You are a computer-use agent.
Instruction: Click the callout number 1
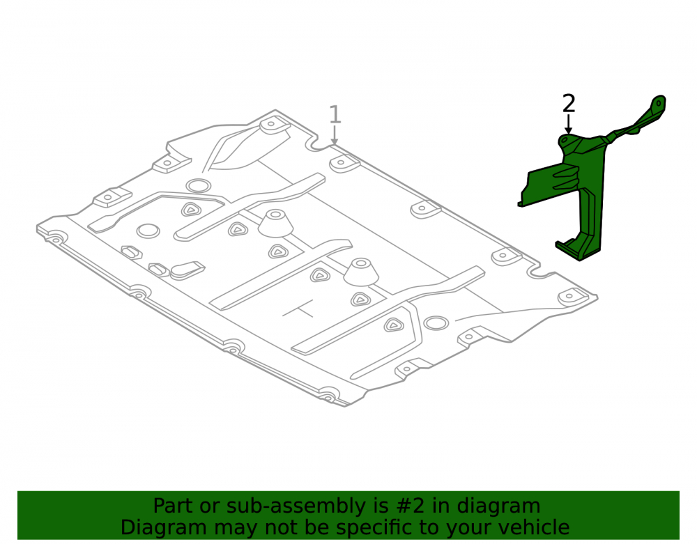pos(335,114)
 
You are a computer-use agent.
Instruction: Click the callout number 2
pos(569,104)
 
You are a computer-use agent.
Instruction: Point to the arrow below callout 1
pos(335,135)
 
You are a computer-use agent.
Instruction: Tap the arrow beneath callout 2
pos(568,124)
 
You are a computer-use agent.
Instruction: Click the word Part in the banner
pos(172,506)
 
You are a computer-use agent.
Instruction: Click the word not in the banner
pos(282,527)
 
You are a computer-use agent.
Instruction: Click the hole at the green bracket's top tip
pos(659,103)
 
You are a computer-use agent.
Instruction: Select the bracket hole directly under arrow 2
pos(565,140)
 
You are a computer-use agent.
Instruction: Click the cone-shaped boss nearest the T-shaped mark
pos(360,272)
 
